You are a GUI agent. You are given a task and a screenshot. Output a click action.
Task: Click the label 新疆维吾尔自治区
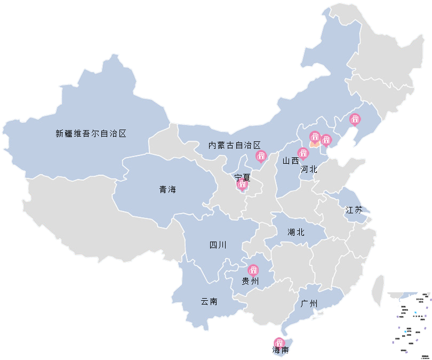pyautogui.click(x=91, y=134)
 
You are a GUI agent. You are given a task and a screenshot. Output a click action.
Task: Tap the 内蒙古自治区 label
pyautogui.click(x=235, y=145)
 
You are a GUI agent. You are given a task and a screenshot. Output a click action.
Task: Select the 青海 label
pyautogui.click(x=167, y=189)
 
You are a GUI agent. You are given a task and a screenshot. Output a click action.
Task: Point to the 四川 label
pyautogui.click(x=218, y=245)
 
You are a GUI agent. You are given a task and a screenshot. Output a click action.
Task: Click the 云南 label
pyautogui.click(x=209, y=301)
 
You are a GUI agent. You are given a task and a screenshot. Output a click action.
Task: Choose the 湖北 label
pyautogui.click(x=295, y=232)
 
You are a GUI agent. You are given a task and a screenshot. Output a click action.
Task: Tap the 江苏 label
pyautogui.click(x=354, y=210)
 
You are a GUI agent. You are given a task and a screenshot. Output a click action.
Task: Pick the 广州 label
pyautogui.click(x=309, y=304)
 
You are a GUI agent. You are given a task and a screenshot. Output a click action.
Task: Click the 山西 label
pyautogui.click(x=291, y=161)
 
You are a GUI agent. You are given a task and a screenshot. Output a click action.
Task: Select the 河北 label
pyautogui.click(x=309, y=170)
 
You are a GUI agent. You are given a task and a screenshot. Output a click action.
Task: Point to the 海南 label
pyautogui.click(x=281, y=350)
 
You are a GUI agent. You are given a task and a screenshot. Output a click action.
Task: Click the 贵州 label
pyautogui.click(x=250, y=281)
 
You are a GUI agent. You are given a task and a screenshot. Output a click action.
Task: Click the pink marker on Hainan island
pyautogui.click(x=279, y=342)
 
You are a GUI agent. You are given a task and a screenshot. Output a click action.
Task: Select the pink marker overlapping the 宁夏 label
pyautogui.click(x=242, y=185)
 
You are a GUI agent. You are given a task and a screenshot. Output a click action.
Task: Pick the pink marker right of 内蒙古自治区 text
pyautogui.click(x=261, y=156)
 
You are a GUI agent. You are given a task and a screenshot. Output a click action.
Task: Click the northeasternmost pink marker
pyautogui.click(x=355, y=119)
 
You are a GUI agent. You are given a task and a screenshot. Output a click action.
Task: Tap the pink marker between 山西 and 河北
pyautogui.click(x=303, y=154)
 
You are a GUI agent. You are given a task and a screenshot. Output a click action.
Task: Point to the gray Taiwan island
pyautogui.click(x=379, y=291)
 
